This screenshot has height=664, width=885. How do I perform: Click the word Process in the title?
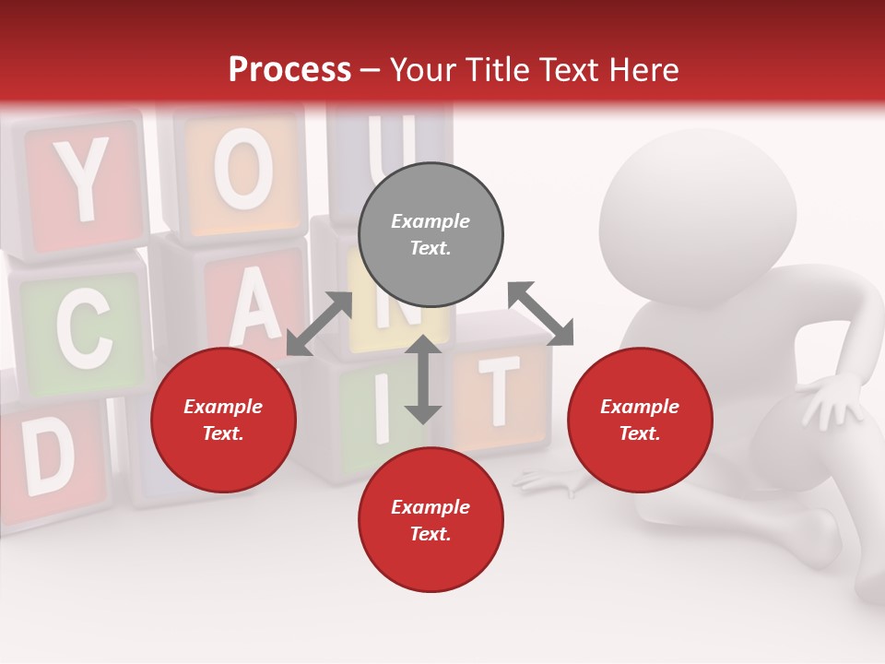coord(289,69)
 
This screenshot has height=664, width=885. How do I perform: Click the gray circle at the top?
coord(431,235)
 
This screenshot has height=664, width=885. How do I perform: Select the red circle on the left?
coord(223,420)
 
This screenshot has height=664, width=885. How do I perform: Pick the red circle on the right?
coord(640,420)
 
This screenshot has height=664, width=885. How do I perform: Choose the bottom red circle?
coord(431,520)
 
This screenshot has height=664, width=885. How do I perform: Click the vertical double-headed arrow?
coord(423,379)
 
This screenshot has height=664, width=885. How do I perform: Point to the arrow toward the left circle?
coord(319,324)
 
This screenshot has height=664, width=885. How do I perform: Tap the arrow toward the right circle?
coord(540,314)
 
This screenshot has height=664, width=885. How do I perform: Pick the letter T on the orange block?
coord(500,387)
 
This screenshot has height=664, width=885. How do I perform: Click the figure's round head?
coord(698,217)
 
